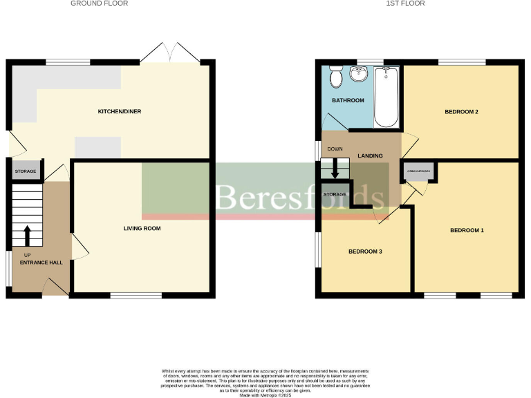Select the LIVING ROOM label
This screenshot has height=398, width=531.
142,228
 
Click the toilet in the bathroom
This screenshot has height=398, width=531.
336,78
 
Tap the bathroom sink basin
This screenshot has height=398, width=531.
360,74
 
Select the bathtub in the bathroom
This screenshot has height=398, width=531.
386,97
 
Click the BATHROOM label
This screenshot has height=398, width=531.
347,101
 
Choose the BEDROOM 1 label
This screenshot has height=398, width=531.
467,230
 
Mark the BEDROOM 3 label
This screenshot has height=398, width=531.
366,252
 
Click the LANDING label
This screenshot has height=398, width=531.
371,156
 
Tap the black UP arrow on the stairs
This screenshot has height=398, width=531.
28,236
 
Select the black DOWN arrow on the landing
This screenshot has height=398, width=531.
335,169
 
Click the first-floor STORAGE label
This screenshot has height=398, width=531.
335,194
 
